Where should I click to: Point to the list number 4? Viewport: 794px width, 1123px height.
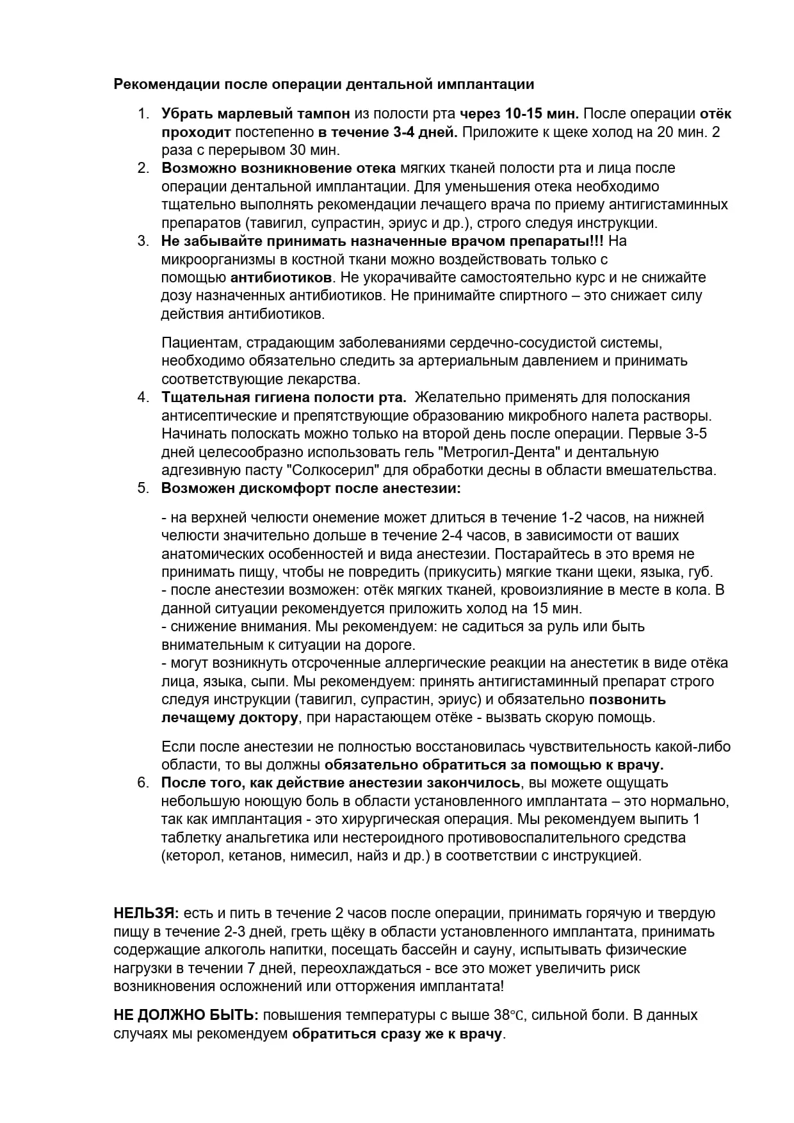coord(142,397)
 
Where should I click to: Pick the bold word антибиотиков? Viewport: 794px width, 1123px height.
coord(281,278)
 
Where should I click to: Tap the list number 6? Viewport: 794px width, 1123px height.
coord(142,782)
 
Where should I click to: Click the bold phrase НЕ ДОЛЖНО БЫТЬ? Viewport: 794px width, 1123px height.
coord(186,1015)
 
